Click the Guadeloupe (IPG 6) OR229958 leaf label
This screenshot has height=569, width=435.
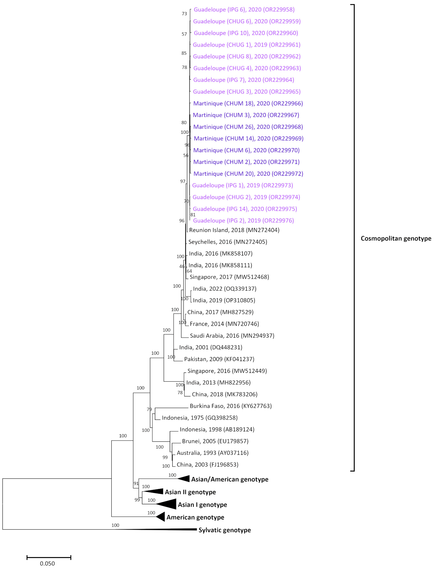point(244,10)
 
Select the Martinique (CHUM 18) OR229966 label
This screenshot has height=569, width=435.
point(248,103)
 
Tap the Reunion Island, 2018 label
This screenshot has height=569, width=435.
point(234,230)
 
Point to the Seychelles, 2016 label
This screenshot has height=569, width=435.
point(228,242)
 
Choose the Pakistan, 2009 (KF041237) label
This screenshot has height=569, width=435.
point(219,359)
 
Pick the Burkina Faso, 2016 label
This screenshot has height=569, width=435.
point(230,406)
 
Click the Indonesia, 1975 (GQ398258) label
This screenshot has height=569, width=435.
point(200,418)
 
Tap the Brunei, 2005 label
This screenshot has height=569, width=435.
point(215,441)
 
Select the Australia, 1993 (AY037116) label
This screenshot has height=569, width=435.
point(213,453)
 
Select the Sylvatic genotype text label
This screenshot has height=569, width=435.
point(224,530)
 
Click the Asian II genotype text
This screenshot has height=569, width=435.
point(190,492)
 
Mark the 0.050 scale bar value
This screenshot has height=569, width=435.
point(47,563)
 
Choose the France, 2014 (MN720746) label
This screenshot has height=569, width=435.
point(224,324)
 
